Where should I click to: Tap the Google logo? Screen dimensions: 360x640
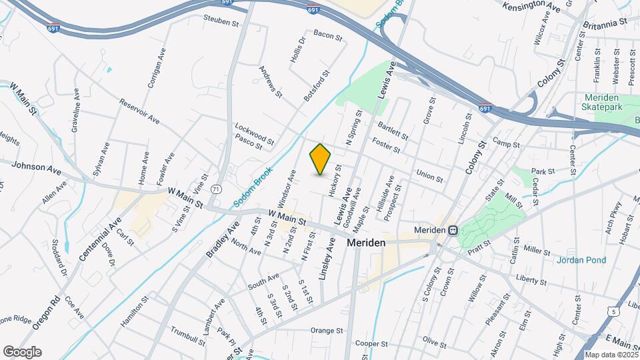22,352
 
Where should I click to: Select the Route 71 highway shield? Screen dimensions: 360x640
215,189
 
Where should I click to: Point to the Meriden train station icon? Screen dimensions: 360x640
453,230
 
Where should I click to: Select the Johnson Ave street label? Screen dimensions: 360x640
37,167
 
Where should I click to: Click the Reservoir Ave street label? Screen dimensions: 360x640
139,111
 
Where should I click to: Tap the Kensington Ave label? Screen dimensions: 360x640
535,8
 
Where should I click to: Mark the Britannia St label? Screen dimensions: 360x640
605,22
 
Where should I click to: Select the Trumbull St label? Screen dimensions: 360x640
187,335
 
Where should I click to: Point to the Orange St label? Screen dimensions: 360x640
326,330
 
